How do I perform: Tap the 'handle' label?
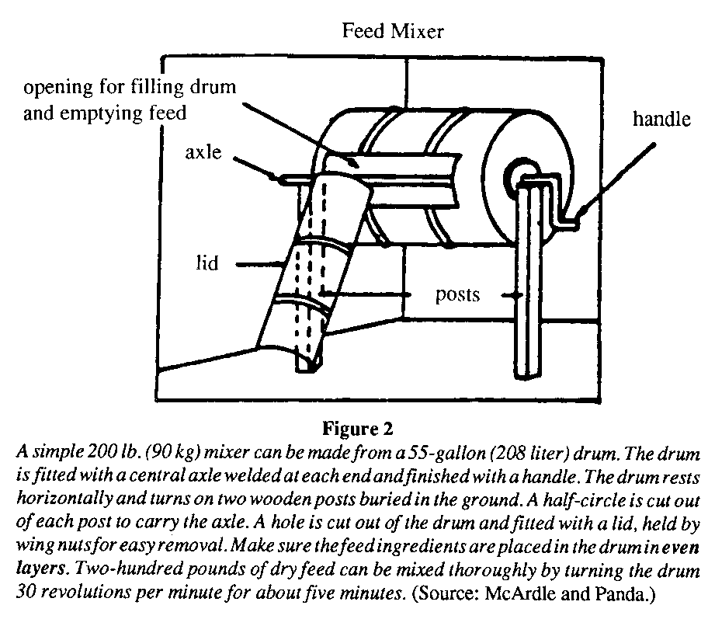[661, 119]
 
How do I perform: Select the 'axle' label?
[203, 153]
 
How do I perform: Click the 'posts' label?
[457, 295]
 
